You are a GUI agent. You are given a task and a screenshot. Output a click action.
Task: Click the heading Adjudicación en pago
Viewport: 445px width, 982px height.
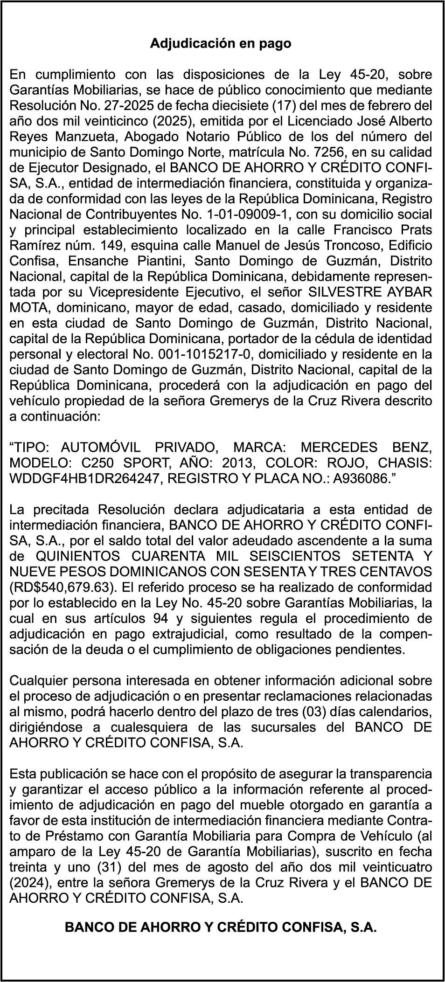click(221, 44)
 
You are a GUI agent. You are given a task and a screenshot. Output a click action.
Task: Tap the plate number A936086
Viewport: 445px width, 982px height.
click(356, 479)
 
